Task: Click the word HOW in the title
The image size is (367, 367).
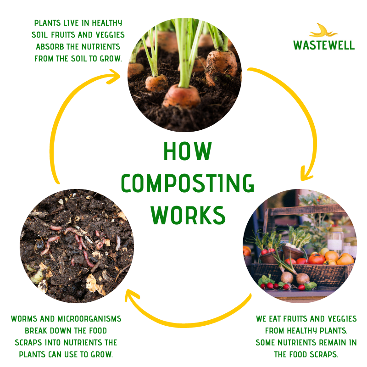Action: point(188,152)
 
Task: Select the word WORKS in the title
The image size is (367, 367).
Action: point(188,215)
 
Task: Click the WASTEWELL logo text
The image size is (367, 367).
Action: point(324,45)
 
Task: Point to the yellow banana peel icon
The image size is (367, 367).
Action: point(323,31)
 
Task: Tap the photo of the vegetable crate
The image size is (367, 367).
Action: point(300,245)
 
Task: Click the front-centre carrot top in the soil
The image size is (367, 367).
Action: point(182,95)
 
